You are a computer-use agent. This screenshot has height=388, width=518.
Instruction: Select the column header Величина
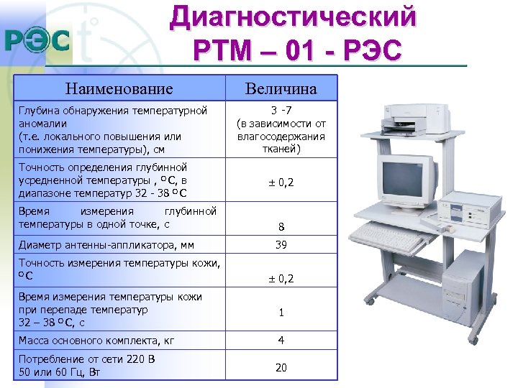[281, 89]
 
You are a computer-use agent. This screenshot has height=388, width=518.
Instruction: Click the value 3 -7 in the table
[281, 110]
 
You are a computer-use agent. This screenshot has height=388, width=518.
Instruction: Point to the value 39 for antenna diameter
[281, 245]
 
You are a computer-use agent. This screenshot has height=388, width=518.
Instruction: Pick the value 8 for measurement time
[281, 228]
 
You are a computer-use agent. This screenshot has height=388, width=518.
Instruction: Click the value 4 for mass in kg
[281, 340]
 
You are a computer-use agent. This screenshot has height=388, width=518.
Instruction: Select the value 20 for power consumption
[281, 367]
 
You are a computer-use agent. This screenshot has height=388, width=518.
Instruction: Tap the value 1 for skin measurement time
[281, 313]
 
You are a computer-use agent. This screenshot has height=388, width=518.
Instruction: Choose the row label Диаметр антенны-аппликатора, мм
[106, 245]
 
